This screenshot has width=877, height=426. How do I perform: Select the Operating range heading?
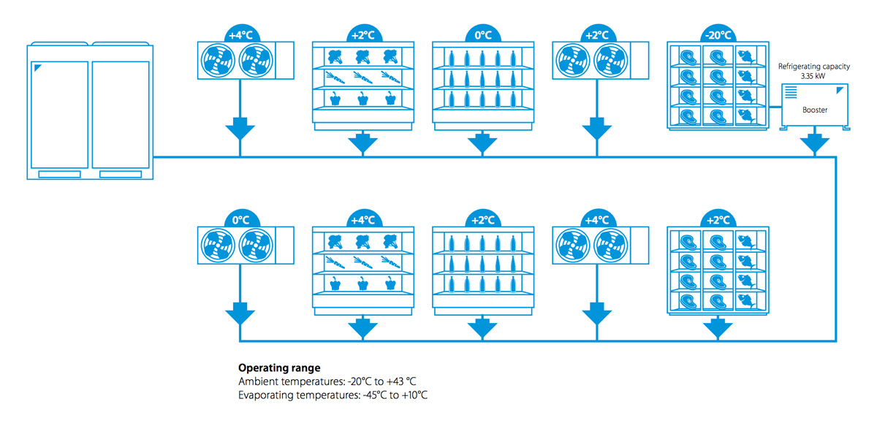(x=279, y=368)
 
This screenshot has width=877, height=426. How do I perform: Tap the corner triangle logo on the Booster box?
(x=841, y=91)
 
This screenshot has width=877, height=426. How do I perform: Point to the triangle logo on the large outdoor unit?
(x=37, y=68)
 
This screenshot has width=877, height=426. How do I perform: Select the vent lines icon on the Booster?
(x=791, y=92)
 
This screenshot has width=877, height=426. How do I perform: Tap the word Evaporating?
(x=265, y=395)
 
